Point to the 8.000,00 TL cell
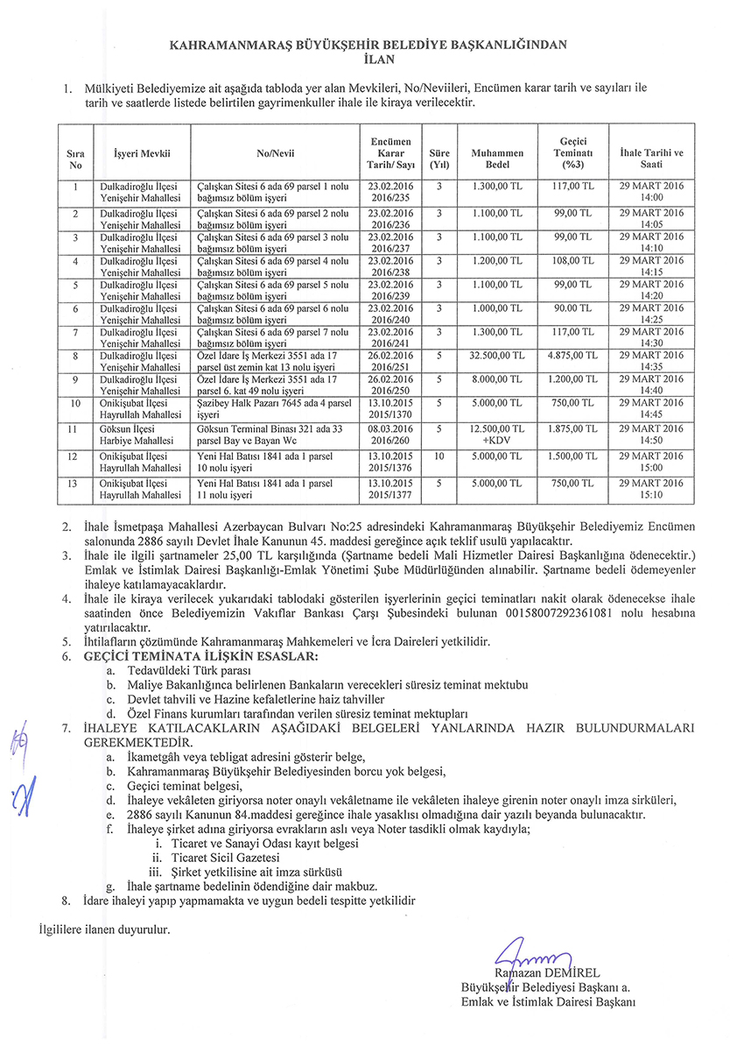pyautogui.click(x=497, y=379)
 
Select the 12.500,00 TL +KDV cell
pyautogui.click(x=497, y=435)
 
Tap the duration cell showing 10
pyautogui.click(x=439, y=456)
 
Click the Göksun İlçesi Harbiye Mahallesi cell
pyautogui.click(x=141, y=435)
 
